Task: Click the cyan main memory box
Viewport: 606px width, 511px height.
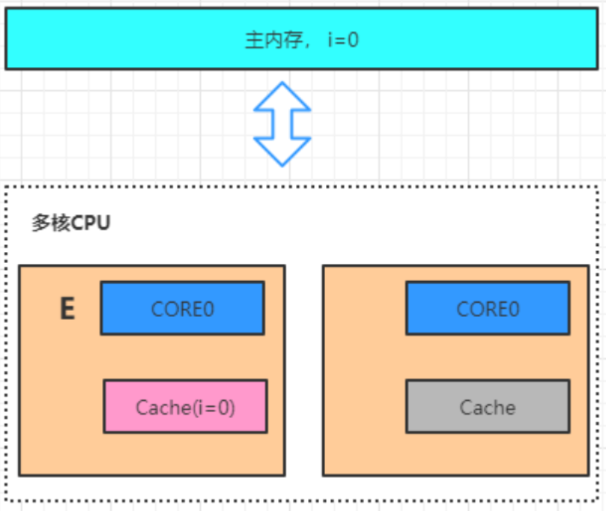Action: click(x=301, y=38)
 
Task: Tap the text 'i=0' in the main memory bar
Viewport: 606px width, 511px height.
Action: click(x=343, y=40)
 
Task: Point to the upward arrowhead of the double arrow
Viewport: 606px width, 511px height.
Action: click(x=282, y=96)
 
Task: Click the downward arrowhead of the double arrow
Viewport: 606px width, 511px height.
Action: click(x=282, y=152)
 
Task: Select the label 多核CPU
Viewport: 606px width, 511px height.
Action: click(x=71, y=223)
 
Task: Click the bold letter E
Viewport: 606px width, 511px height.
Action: click(x=68, y=308)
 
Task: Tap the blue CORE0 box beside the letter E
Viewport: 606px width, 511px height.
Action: click(x=182, y=308)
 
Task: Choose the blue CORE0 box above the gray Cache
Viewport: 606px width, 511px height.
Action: click(x=487, y=308)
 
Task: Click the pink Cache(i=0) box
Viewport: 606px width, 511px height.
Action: click(x=185, y=406)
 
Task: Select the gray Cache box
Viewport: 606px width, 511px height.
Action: click(x=487, y=406)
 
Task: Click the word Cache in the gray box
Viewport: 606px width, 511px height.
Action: click(x=487, y=408)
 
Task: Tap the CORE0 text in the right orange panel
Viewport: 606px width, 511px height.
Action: click(x=487, y=309)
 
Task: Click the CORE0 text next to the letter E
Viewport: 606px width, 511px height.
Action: click(x=182, y=309)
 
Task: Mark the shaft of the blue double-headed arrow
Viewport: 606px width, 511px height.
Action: click(x=282, y=124)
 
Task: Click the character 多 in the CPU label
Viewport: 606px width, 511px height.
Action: click(x=41, y=223)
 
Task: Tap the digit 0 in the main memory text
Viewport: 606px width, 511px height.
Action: click(x=353, y=40)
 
